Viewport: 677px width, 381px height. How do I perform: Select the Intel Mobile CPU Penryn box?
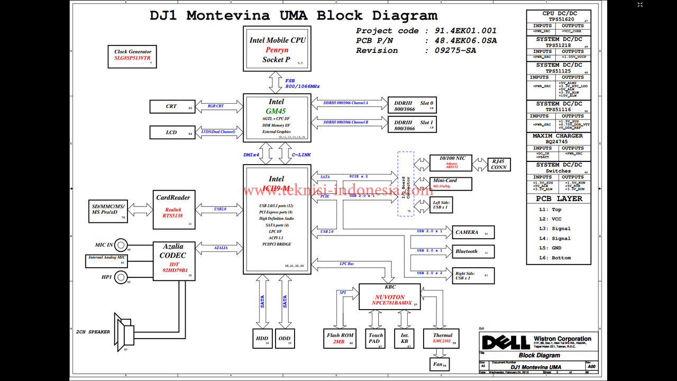277,48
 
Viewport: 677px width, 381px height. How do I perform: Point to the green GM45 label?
276,111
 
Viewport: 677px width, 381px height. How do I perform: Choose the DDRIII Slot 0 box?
412,106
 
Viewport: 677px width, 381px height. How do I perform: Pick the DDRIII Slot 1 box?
412,125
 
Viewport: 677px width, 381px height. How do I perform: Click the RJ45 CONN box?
498,164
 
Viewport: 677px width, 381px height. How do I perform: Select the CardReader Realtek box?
173,210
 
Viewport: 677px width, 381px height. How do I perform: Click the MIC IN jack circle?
121,245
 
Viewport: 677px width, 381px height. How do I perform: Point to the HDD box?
262,338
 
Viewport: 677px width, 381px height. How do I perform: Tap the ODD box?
285,338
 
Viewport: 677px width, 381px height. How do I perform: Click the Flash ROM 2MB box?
340,338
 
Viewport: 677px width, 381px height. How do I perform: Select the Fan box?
438,364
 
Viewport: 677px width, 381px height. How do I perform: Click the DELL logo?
505,342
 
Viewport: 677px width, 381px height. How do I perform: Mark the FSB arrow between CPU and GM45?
276,82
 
